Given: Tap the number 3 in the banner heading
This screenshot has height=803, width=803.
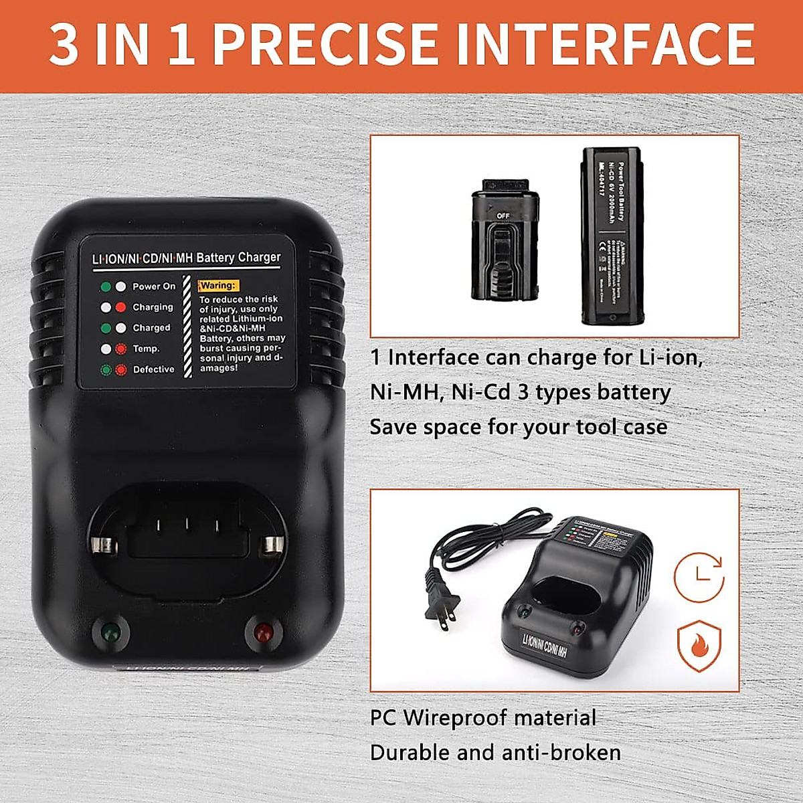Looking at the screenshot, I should (64, 44).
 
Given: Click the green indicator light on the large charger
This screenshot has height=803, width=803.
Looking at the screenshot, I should (109, 631).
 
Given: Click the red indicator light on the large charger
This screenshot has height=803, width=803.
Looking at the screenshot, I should (262, 631).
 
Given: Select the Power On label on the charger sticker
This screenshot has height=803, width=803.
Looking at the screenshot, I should (154, 286).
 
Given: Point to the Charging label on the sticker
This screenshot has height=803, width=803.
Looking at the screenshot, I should (153, 307).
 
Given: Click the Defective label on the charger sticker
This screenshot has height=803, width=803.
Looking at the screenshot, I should (153, 369).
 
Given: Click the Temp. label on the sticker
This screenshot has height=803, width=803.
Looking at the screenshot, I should (146, 349).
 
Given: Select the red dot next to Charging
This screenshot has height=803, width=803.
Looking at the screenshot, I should (120, 308).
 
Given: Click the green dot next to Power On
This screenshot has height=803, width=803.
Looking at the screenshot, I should (106, 287).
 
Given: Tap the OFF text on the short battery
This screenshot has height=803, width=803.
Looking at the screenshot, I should (503, 216).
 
